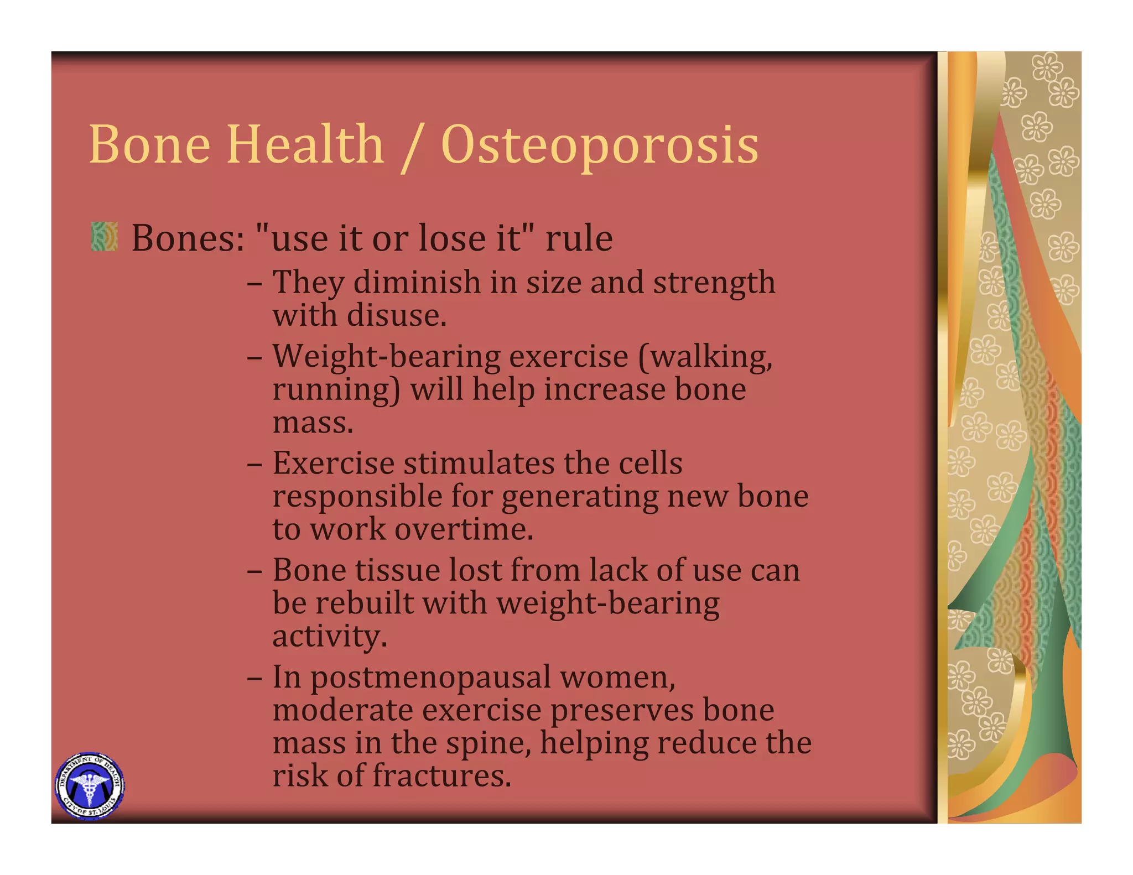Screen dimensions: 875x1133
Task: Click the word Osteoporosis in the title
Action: [x=600, y=145]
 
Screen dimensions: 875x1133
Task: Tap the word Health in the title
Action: [x=305, y=145]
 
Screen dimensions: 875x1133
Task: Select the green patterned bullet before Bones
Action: [x=105, y=237]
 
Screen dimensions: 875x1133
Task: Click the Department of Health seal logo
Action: [x=90, y=786]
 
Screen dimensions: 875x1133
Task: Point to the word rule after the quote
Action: [x=579, y=239]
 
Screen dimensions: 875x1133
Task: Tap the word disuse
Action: [x=396, y=316]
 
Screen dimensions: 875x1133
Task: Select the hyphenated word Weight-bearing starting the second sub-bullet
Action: [x=386, y=357]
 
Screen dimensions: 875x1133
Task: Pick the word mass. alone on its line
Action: [x=313, y=423]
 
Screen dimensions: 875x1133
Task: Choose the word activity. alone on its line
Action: [x=329, y=637]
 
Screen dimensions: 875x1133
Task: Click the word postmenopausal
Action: [x=430, y=678]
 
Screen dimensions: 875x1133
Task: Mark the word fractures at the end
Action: [x=441, y=776]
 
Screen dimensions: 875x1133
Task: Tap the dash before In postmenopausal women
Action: [x=254, y=678]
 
